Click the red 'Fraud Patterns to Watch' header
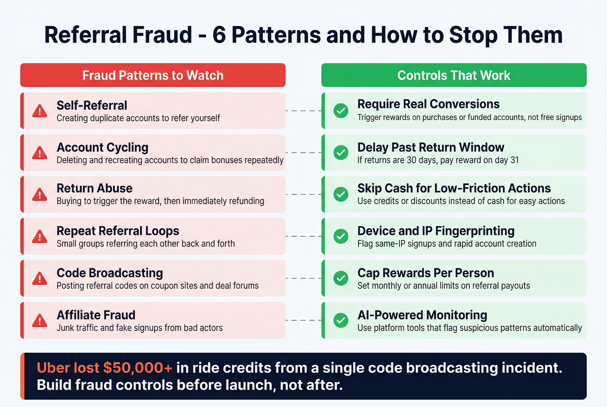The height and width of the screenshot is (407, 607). [153, 75]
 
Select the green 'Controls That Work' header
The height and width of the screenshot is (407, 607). [454, 75]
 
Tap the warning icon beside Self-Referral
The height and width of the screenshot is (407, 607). [40, 111]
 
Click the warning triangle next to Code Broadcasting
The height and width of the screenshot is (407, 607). [40, 278]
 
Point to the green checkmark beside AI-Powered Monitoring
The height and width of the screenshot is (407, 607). [341, 320]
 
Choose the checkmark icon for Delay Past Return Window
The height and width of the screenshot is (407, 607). [341, 153]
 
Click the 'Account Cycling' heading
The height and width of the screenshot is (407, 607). [102, 147]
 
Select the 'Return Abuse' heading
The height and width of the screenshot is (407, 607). [95, 189]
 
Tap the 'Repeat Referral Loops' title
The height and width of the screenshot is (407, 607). [117, 231]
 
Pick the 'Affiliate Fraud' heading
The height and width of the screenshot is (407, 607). [96, 315]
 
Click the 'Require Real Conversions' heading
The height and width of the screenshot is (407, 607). [428, 104]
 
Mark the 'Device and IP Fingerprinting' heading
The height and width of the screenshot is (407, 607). [436, 231]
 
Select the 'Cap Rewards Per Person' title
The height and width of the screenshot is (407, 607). [425, 273]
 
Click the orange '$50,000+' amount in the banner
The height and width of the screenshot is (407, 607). [137, 368]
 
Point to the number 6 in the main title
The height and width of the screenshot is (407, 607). [219, 35]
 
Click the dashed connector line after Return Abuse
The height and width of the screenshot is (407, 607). [303, 195]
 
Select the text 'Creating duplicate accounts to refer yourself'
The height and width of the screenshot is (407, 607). [138, 118]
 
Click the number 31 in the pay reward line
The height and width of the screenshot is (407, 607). [514, 160]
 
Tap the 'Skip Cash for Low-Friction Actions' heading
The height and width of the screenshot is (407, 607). [454, 188]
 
